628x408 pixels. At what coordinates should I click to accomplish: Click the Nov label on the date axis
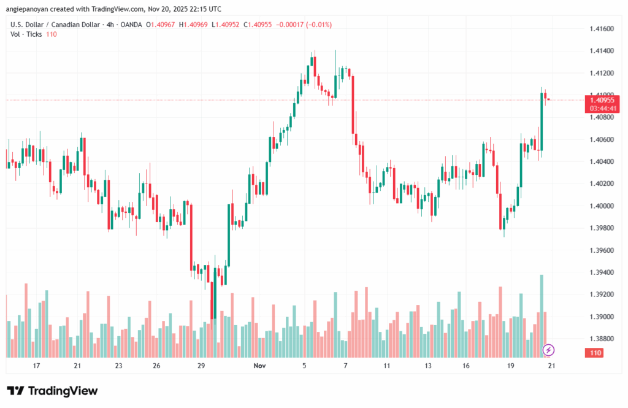[x=259, y=366]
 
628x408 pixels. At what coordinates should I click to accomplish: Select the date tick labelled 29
[x=201, y=366]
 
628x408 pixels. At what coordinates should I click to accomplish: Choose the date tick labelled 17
[x=36, y=366]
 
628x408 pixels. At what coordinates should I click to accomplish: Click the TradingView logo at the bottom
[x=53, y=391]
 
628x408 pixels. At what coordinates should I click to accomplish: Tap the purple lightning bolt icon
[x=549, y=350]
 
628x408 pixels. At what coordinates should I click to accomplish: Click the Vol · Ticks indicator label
[x=26, y=34]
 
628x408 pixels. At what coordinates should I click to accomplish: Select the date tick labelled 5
[x=304, y=366]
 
